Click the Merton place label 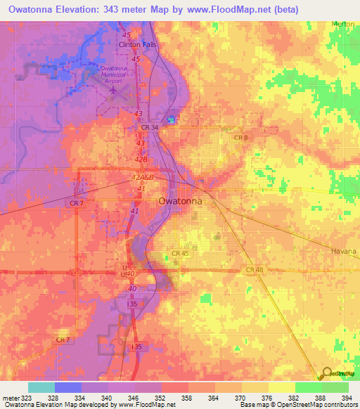click(x=344, y=24)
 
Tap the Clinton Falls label click(x=139, y=45)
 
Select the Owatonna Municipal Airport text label click(x=116, y=72)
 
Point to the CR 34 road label click(x=150, y=127)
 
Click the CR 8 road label click(x=241, y=138)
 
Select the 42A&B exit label click(x=141, y=178)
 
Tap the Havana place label click(x=345, y=251)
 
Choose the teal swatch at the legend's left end click(x=41, y=387)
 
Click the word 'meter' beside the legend click(x=11, y=398)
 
